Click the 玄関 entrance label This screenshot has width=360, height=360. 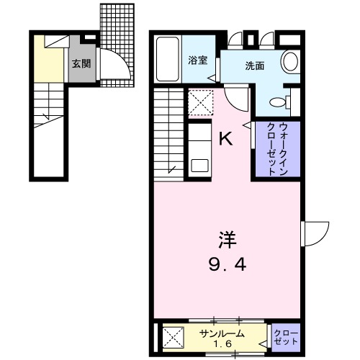[x=81, y=63]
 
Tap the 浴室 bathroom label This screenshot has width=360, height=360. [x=198, y=60]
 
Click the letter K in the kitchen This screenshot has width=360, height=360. [x=225, y=139]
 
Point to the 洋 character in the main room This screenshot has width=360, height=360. [x=228, y=238]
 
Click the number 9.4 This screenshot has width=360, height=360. [x=228, y=264]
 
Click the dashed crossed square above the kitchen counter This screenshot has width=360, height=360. [x=201, y=102]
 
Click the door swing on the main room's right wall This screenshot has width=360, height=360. [x=314, y=235]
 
